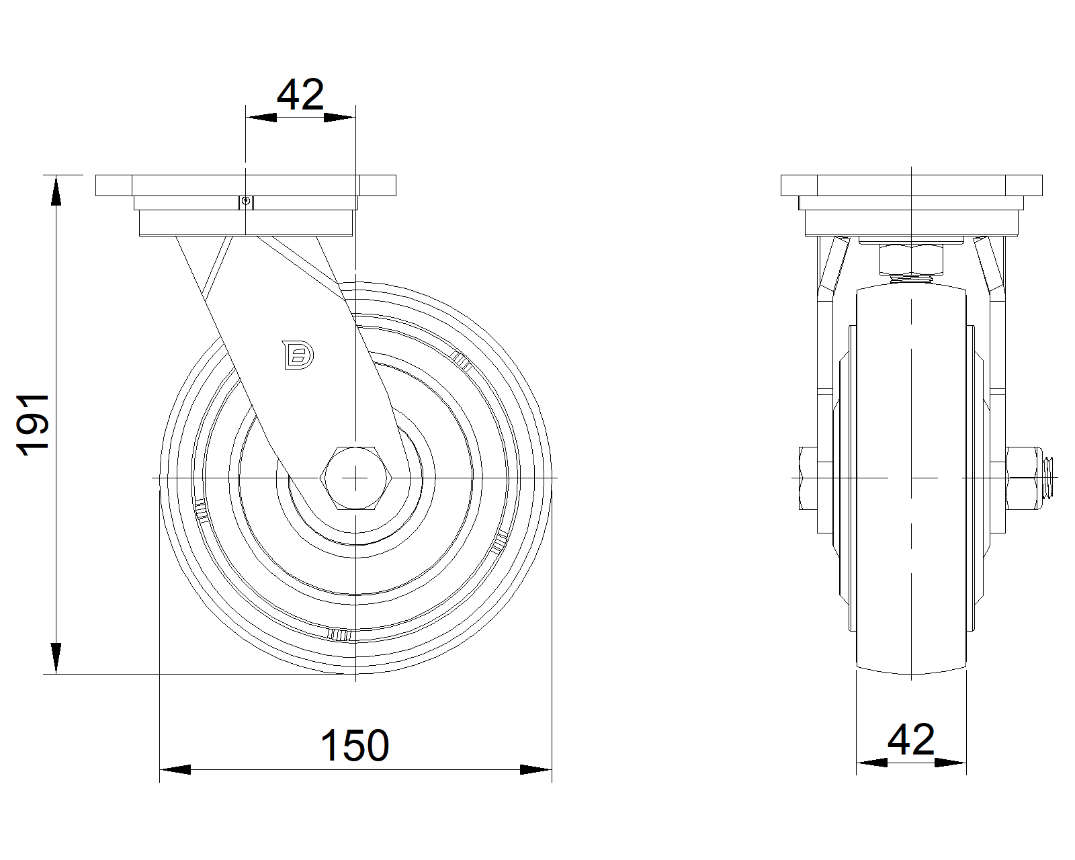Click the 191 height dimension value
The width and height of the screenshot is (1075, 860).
click(x=33, y=425)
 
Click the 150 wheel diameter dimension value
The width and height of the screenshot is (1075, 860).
click(x=355, y=746)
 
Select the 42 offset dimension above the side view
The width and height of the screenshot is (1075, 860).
click(x=300, y=95)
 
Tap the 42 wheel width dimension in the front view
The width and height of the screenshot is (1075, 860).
click(x=910, y=740)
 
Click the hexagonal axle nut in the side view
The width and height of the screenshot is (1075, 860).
click(x=355, y=478)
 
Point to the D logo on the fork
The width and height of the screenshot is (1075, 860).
click(x=298, y=355)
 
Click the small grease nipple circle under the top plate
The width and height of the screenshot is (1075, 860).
click(x=245, y=201)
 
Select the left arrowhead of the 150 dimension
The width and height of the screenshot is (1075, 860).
click(x=175, y=769)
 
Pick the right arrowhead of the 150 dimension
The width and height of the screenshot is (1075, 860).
click(x=535, y=769)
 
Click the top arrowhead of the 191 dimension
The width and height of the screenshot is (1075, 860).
click(x=56, y=190)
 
